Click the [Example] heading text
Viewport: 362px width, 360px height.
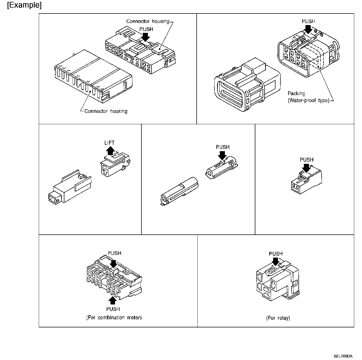[x=24, y=5]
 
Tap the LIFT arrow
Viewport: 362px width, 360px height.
[x=110, y=150]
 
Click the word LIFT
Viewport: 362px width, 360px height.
[x=110, y=143]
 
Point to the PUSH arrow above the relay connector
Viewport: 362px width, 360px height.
[x=276, y=261]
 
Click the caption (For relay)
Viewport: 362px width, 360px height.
[x=278, y=318]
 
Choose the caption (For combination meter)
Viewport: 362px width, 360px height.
[x=114, y=317]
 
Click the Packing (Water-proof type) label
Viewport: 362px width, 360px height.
[x=308, y=97]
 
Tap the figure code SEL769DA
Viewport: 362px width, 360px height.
[x=343, y=356]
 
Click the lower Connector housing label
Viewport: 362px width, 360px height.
[x=106, y=111]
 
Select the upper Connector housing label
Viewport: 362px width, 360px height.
[x=148, y=21]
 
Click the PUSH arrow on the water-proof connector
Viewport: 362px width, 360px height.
[x=308, y=29]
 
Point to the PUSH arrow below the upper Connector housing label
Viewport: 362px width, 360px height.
[x=146, y=37]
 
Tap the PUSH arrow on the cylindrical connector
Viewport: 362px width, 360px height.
[x=222, y=155]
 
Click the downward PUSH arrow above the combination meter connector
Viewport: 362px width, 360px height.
[x=114, y=264]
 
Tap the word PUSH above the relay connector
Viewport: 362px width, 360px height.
[x=276, y=254]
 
